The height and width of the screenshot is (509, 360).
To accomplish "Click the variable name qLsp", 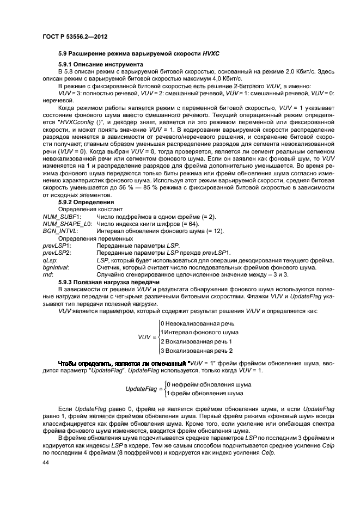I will point(50,260).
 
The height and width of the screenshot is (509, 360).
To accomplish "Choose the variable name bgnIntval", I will point(54,267).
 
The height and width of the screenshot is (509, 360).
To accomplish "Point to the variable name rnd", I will point(48,274).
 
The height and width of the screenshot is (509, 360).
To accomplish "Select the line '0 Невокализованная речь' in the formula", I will point(197,323).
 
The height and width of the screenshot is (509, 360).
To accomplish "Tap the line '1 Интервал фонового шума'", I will point(199,332).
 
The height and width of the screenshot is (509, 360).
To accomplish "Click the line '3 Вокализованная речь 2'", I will point(197,351).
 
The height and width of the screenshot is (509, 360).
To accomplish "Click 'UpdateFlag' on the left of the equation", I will point(141,389).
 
